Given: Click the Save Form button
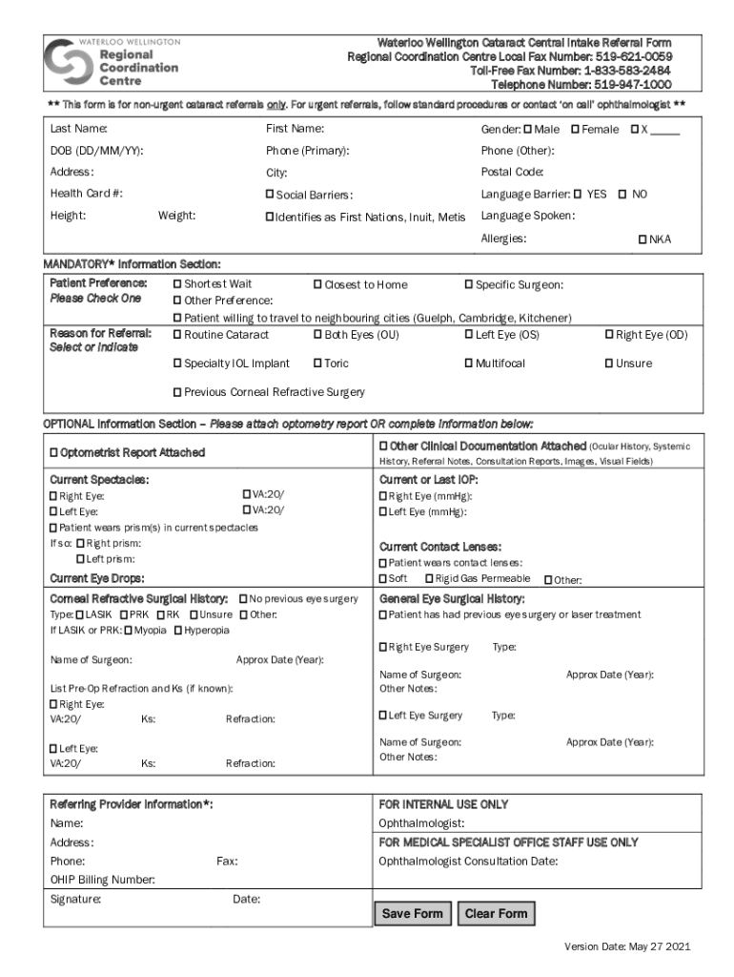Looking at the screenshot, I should point(412,913).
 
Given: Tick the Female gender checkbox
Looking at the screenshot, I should point(576,129).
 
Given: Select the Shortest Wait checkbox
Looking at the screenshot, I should point(177,284).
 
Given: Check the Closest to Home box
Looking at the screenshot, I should point(318,284).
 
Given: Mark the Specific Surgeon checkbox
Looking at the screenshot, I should point(469,284).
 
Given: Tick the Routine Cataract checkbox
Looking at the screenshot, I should point(177,335).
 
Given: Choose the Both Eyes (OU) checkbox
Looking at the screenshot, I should point(318,335).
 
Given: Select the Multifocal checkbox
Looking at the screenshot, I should point(469,364).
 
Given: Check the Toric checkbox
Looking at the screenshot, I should point(318,364).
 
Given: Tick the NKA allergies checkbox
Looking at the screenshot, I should point(642,239).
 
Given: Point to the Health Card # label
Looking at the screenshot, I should point(86,194).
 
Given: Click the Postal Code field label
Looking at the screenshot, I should point(512,172).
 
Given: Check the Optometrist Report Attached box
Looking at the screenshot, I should point(54,451).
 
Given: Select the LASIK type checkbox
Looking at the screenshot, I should point(80,614).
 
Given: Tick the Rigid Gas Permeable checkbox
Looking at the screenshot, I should point(429,579).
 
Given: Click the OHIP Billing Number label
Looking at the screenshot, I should point(102,880).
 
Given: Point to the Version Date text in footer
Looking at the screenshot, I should point(626,946).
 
